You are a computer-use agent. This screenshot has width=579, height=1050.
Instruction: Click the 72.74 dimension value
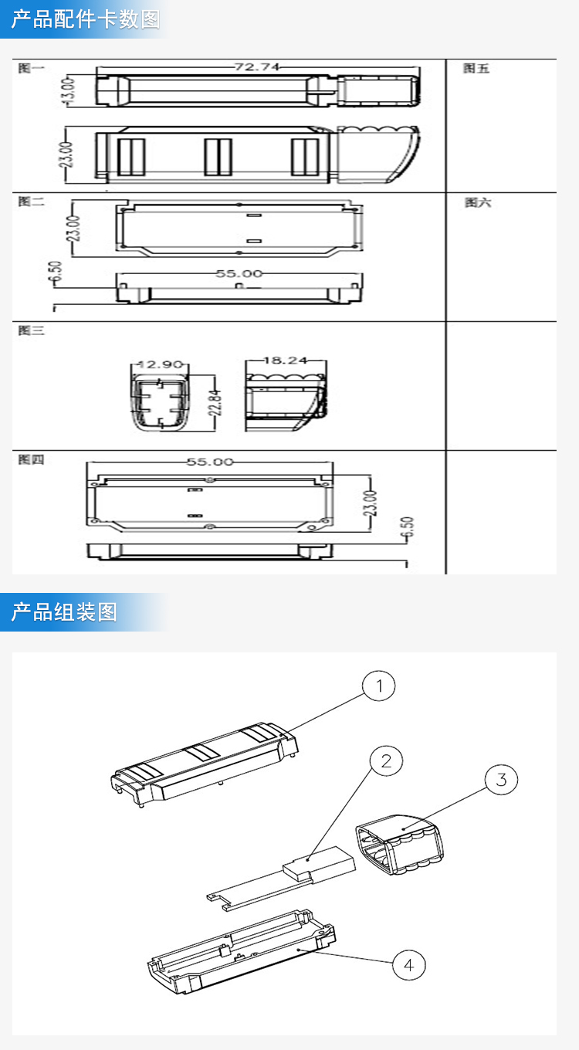(x=257, y=67)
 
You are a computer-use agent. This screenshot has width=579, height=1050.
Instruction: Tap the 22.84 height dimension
(x=215, y=401)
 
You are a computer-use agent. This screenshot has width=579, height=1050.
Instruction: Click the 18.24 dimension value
(x=286, y=360)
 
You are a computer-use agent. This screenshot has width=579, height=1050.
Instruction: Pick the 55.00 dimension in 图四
(x=209, y=462)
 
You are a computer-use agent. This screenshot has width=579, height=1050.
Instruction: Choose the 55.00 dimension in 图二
(x=239, y=273)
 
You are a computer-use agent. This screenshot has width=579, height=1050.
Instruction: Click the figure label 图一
(x=32, y=68)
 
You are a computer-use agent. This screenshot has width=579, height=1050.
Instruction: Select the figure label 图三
(x=32, y=330)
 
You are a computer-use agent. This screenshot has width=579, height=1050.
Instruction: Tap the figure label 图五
(x=476, y=69)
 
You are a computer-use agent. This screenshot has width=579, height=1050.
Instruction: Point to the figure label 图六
(x=477, y=202)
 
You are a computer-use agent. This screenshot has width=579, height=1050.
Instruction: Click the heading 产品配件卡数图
(x=86, y=19)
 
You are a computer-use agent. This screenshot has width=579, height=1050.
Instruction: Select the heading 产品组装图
(x=64, y=612)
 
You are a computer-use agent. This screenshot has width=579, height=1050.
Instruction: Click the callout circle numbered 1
(x=378, y=685)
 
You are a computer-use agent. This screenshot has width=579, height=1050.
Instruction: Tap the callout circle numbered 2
(x=386, y=761)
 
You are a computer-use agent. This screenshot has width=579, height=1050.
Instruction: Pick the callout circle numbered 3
(x=501, y=780)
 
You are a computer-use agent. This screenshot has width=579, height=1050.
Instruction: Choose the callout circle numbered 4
(x=408, y=964)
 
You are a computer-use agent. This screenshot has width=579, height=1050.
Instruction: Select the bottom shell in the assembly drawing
(x=239, y=953)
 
